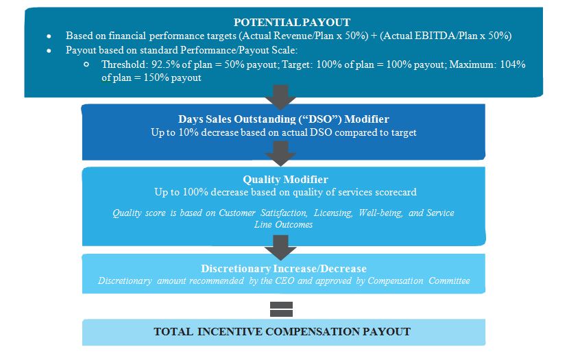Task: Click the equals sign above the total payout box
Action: (282, 309)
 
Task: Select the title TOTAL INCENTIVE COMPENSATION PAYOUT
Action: (282, 332)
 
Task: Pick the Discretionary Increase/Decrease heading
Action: (284, 268)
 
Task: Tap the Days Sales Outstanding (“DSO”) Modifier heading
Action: (284, 119)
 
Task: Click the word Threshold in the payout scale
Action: (123, 64)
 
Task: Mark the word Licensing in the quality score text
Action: (333, 213)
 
